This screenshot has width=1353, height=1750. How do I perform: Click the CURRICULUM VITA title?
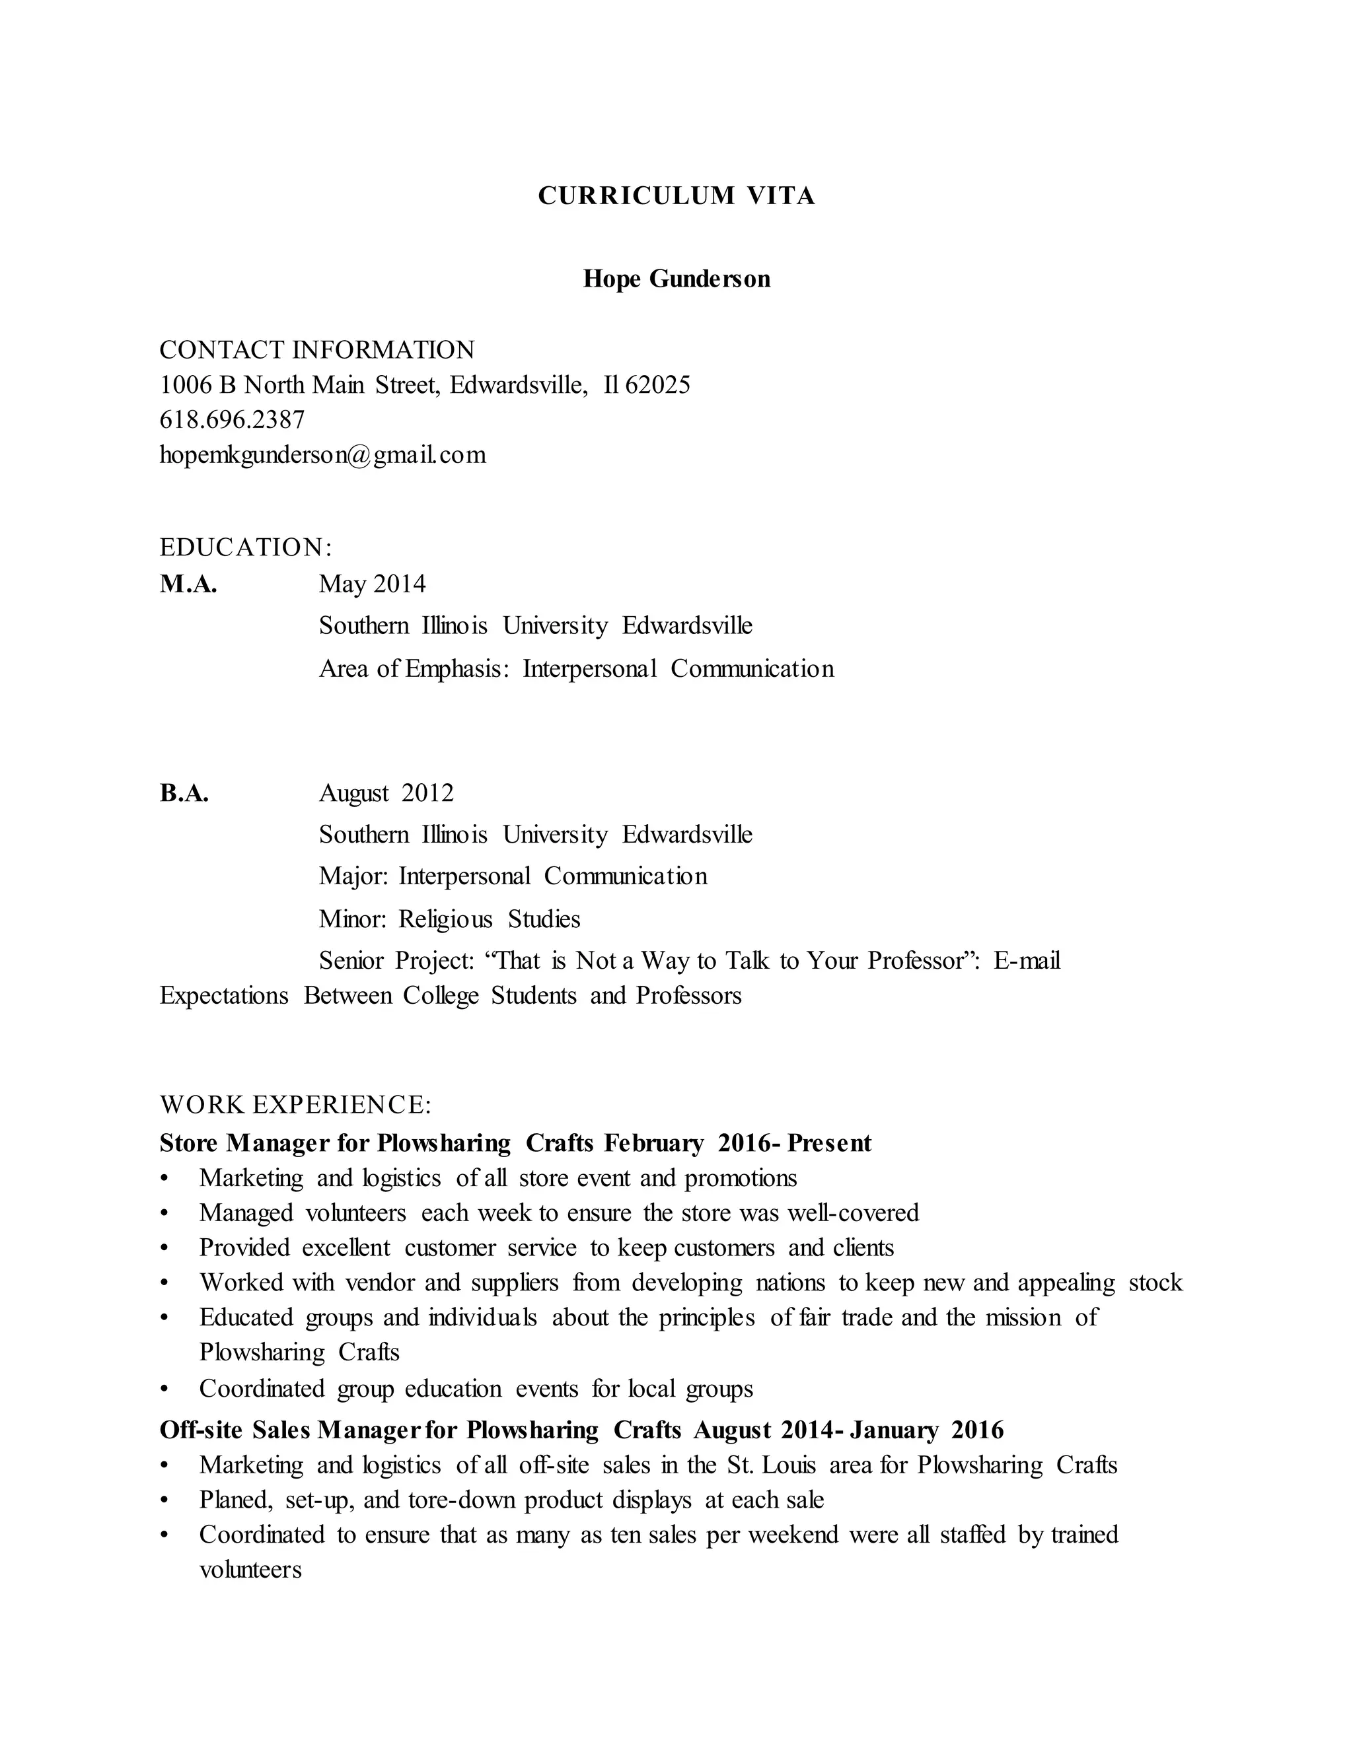tap(676, 196)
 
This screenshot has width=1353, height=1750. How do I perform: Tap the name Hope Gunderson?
tap(676, 279)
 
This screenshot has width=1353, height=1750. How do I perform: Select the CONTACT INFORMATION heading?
tap(316, 350)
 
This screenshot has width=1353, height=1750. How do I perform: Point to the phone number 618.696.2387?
tap(233, 420)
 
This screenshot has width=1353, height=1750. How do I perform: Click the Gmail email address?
tap(323, 455)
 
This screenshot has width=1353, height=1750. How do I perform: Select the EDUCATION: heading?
tap(245, 547)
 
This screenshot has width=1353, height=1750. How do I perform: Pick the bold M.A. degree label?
tap(188, 584)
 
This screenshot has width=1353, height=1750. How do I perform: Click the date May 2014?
tap(372, 584)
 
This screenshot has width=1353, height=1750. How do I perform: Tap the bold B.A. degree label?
tap(184, 793)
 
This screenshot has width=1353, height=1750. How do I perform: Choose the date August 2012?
tap(386, 793)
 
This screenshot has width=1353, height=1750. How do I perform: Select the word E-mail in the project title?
tap(1027, 960)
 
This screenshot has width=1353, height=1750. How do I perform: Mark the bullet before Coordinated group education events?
tap(165, 1389)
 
